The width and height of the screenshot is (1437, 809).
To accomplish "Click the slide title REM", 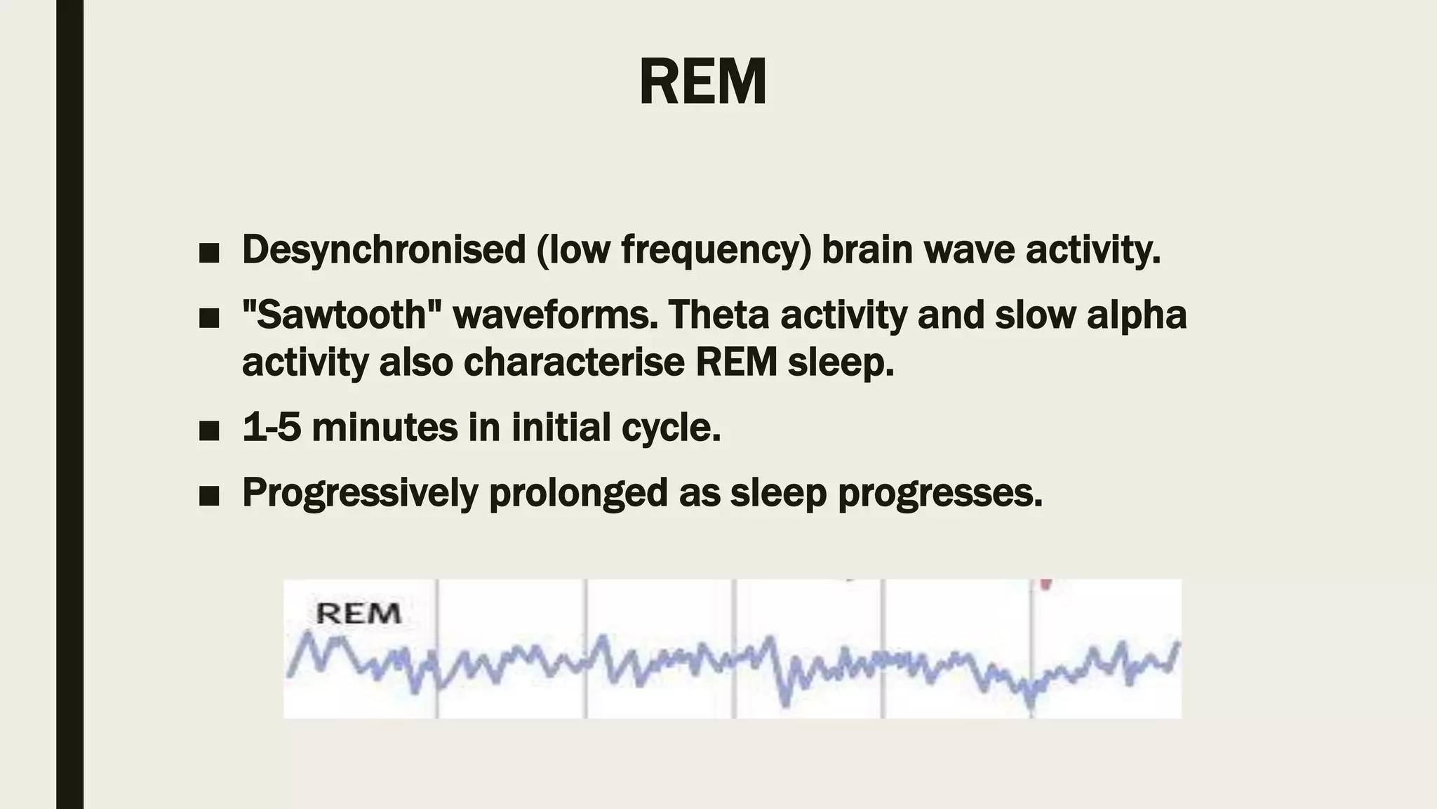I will pos(702,82).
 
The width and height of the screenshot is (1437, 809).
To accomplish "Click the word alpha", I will pos(1137,315).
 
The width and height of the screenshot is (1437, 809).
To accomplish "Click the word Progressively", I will pos(360,493).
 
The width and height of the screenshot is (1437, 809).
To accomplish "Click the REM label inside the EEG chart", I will pos(358,614).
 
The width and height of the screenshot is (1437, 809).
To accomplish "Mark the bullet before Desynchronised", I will pos(208,253).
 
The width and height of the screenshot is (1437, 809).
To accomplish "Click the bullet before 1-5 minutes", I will pos(208,430).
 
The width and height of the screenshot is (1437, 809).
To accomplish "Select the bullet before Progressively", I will pos(208,496).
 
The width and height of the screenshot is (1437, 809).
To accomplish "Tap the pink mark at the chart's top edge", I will pos(1045,584).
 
